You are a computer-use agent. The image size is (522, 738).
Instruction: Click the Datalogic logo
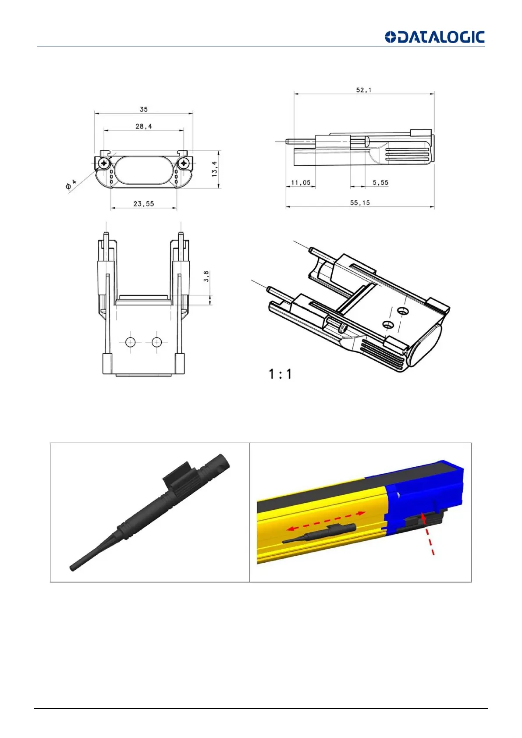[x=434, y=37]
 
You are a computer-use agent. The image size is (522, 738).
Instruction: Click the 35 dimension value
[x=144, y=109]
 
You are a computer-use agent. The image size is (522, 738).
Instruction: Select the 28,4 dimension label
[x=144, y=126]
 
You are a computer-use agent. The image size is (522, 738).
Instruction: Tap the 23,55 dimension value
[x=144, y=204]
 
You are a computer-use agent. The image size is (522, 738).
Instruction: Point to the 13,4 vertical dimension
[x=215, y=169]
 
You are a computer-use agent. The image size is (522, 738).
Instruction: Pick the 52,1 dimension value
[x=364, y=90]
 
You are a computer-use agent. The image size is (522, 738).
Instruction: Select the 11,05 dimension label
[x=301, y=182]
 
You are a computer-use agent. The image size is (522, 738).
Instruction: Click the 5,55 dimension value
[x=380, y=182]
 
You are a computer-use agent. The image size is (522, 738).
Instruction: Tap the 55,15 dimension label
[x=360, y=203]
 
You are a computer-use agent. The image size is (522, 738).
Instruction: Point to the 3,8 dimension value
[x=206, y=277]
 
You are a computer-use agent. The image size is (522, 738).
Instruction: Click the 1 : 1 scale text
[x=280, y=374]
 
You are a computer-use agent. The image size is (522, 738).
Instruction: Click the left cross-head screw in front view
[x=104, y=164]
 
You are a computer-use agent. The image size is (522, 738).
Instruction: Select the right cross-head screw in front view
[x=183, y=164]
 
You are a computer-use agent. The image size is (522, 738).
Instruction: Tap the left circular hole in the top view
[x=131, y=342]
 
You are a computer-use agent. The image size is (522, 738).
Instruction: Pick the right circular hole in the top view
[x=156, y=342]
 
